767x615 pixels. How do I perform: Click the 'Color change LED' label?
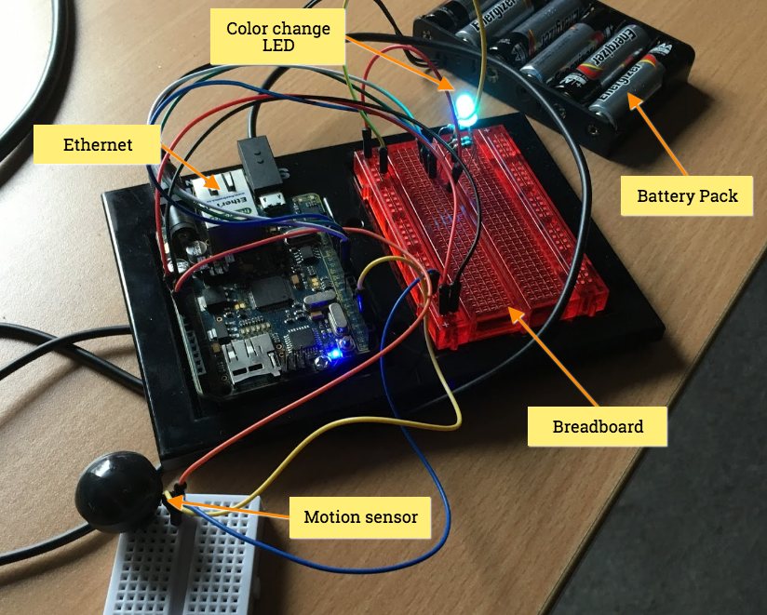(x=278, y=37)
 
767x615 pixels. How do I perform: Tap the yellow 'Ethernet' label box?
(x=98, y=145)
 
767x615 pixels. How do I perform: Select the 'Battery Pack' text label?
(x=687, y=195)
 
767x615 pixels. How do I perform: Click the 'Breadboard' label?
(x=598, y=426)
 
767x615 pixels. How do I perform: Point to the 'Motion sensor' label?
(x=361, y=516)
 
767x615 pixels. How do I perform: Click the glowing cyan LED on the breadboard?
(x=464, y=110)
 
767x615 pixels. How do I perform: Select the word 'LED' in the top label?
(x=278, y=47)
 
